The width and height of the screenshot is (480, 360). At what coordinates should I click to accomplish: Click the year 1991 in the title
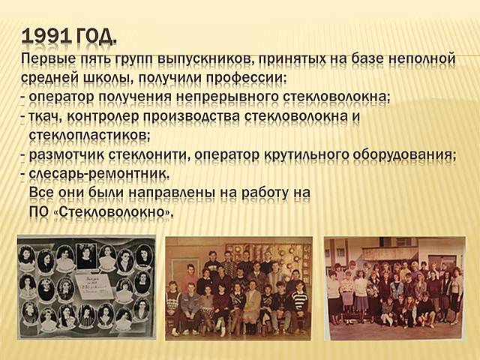tap(46, 36)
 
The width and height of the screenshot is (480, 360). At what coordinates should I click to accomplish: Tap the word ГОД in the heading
tap(94, 36)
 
